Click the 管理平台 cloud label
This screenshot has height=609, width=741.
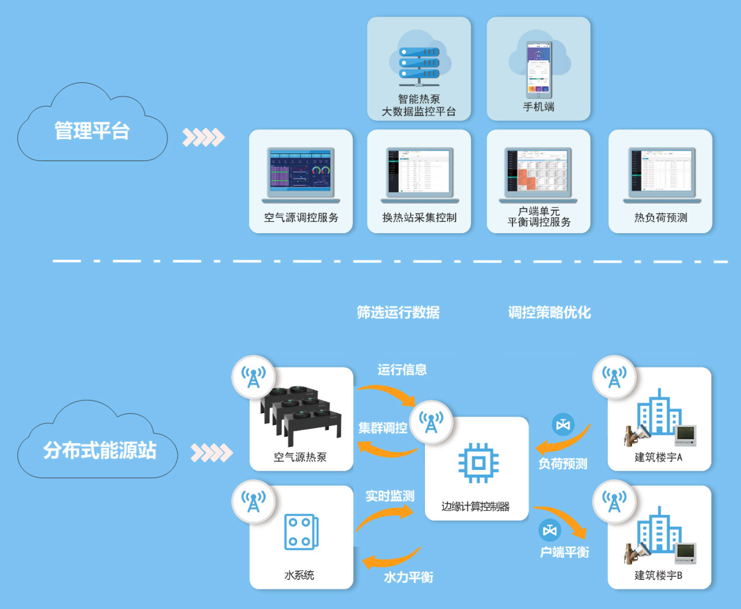coord(92,131)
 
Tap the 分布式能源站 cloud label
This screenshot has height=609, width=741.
coord(99,450)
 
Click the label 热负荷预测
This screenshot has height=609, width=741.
coord(661,218)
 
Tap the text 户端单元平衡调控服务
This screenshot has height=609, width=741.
coord(539,217)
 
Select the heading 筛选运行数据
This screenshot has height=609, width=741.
coord(398,312)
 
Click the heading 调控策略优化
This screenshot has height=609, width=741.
coord(549,312)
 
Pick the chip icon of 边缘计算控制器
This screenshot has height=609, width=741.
coord(478,462)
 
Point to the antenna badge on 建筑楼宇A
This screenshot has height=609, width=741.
coord(614,377)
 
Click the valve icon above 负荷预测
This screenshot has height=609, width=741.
coord(563,425)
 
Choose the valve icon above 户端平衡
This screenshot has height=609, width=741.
coord(550,530)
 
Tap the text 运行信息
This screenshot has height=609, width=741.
coord(402,370)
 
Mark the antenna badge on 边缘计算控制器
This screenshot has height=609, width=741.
coord(431,422)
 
